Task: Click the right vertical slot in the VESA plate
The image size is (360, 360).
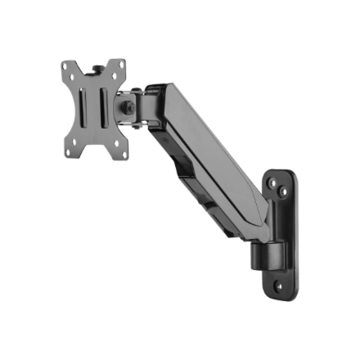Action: click(106, 107)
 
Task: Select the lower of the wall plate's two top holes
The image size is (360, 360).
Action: click(283, 193)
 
